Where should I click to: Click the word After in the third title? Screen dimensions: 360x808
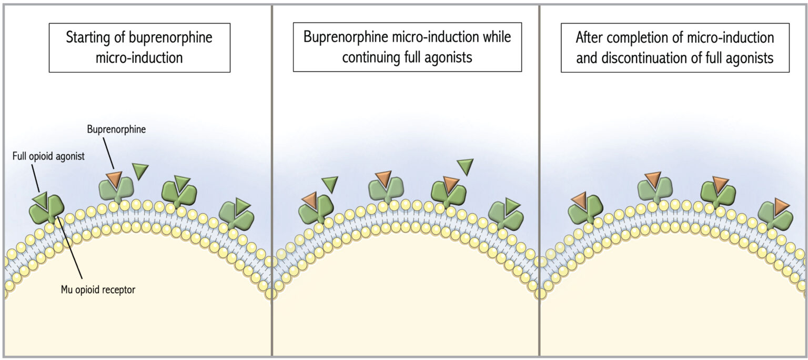tap(591, 38)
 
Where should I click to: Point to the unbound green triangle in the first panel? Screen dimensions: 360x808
tap(140, 171)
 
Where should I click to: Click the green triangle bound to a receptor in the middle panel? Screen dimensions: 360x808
tap(512, 206)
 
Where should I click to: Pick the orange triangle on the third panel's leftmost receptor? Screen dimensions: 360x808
tap(579, 200)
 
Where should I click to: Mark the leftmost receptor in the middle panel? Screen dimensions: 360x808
tap(315, 211)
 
